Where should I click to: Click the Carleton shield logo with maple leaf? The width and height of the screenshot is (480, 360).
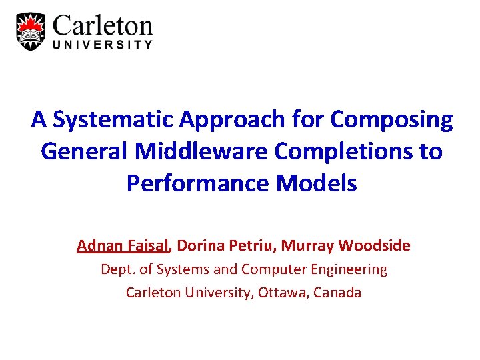31,30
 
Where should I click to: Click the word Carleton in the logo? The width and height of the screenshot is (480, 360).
103,26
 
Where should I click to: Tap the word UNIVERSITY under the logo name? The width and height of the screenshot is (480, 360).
103,45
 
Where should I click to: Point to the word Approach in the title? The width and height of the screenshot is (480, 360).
219,120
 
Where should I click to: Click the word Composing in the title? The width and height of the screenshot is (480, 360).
391,120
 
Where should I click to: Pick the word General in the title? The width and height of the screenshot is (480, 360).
85,151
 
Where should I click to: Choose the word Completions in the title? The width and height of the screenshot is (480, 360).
341,151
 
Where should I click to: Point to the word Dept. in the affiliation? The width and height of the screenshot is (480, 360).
116,269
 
